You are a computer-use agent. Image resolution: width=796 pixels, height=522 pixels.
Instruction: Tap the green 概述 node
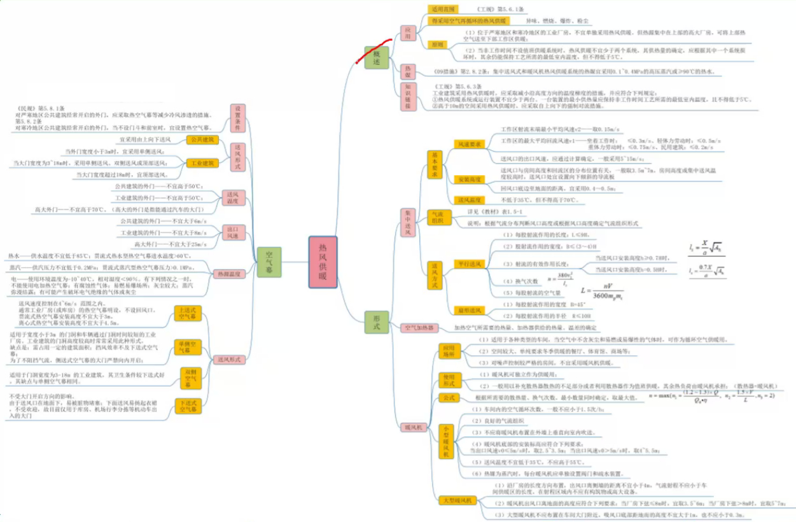[376, 58]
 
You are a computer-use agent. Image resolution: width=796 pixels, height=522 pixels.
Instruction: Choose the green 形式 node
[376, 322]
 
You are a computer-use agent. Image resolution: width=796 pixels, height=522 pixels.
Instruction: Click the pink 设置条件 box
[237, 118]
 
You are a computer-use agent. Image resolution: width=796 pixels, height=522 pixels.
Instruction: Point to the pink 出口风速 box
[233, 232]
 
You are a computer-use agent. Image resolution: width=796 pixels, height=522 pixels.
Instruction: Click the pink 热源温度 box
[228, 274]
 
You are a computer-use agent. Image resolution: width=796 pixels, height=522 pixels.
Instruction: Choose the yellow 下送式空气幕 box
[188, 406]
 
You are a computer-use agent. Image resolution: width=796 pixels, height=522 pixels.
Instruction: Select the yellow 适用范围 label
[443, 10]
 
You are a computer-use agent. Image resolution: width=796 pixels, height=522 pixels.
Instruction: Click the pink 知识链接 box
[408, 96]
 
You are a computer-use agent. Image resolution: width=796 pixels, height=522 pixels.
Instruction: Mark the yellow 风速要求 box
[468, 145]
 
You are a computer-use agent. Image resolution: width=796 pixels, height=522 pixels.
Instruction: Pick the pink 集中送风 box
[408, 223]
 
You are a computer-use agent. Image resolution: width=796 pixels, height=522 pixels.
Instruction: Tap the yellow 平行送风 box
[468, 263]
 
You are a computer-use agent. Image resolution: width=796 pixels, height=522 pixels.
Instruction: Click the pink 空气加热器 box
[421, 328]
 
